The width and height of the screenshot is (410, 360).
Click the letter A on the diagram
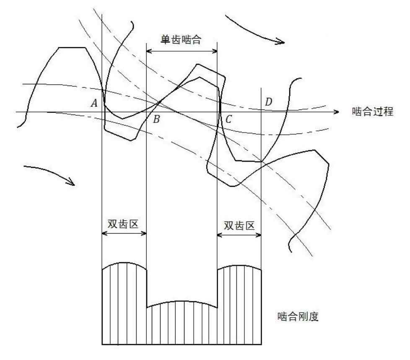[x=95, y=103]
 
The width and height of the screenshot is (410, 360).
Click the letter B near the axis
[x=156, y=119]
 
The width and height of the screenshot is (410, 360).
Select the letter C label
[x=228, y=119]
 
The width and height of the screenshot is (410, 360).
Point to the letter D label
[x=268, y=101]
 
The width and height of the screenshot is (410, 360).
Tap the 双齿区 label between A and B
[x=124, y=225]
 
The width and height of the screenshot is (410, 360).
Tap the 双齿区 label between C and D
[x=239, y=225]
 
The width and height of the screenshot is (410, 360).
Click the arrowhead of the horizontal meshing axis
[x=336, y=112]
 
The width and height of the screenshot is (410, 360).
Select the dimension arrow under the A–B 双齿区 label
[x=124, y=233]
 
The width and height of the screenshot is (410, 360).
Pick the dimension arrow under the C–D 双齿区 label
[x=239, y=233]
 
